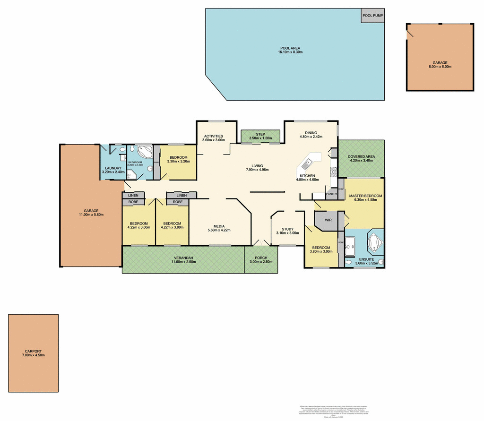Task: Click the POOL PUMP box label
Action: pyautogui.click(x=372, y=16)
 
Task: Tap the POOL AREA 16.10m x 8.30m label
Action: pyautogui.click(x=290, y=50)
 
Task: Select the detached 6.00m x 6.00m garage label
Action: pyautogui.click(x=440, y=65)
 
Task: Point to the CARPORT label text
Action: pyautogui.click(x=33, y=353)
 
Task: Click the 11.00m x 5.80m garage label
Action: pyautogui.click(x=91, y=213)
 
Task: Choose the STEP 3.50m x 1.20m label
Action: pyautogui.click(x=260, y=136)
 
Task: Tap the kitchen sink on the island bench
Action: pyautogui.click(x=306, y=164)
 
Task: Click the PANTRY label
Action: pyautogui.click(x=331, y=194)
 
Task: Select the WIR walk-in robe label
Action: pyautogui.click(x=328, y=220)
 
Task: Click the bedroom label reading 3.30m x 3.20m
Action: pyautogui.click(x=178, y=160)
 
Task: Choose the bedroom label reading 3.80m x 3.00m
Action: pyautogui.click(x=320, y=249)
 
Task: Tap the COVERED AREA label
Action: pyautogui.click(x=361, y=158)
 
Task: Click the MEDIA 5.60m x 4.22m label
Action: pyautogui.click(x=219, y=228)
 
